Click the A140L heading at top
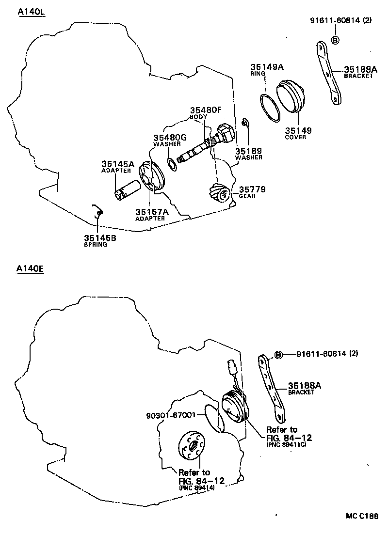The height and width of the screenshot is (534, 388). pos(31,12)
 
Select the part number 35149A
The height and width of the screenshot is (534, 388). pos(267,67)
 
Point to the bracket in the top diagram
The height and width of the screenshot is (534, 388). pos(328,73)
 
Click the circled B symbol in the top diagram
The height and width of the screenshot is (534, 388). pos(335,40)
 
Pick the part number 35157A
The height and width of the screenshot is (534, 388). pos(152,212)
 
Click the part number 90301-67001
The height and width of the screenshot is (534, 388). pos(171,415)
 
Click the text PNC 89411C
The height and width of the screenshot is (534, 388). pos(286,444)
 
